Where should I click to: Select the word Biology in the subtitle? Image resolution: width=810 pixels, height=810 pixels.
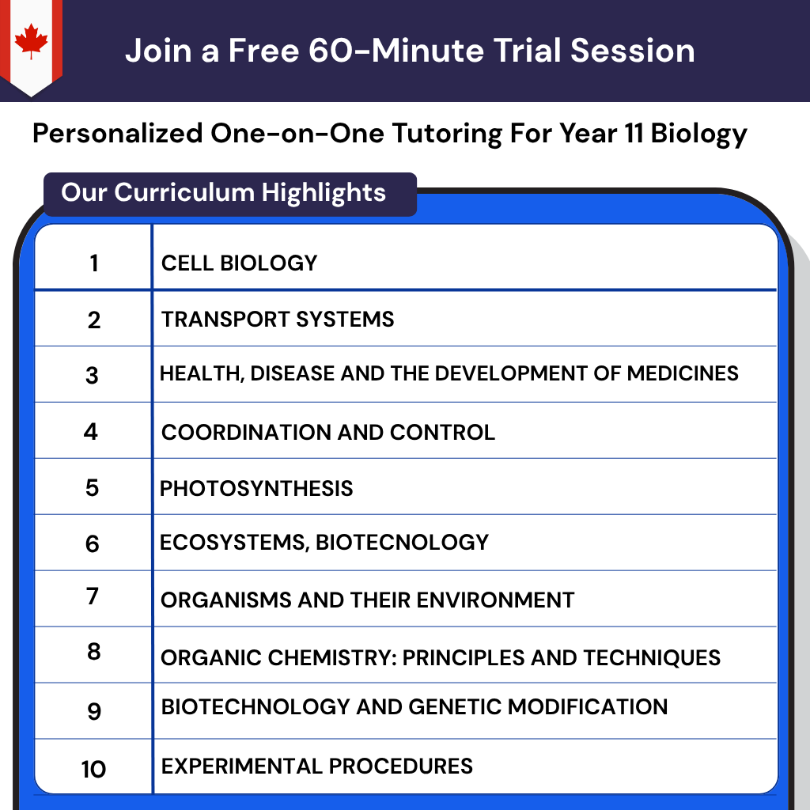698,133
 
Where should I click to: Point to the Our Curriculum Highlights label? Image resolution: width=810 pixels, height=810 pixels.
224,192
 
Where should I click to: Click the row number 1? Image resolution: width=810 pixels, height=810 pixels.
94,263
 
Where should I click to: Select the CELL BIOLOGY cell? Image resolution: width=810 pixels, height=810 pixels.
239,263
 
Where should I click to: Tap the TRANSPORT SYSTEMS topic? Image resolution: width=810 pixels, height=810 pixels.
278,320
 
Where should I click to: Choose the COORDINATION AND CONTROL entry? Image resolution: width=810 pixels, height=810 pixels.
327,432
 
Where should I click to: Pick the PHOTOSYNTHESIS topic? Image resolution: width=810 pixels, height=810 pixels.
256,488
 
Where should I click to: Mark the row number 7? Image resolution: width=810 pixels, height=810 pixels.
93,596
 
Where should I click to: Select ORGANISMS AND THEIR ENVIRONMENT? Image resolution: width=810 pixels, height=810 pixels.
367,600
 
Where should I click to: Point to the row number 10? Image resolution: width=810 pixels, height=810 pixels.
93,768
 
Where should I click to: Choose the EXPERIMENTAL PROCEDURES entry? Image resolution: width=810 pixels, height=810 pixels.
316,766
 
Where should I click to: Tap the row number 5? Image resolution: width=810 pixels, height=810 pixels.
93,487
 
